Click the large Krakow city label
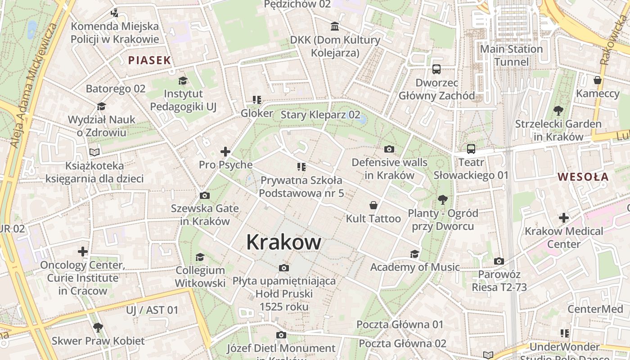coord(283,242)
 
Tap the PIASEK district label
coord(149,60)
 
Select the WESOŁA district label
coord(583,177)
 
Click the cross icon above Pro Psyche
coord(225,152)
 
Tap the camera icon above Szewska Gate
coord(204,195)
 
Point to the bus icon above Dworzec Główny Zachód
coord(436,69)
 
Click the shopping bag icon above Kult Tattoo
coord(373,206)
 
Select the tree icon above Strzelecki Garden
coord(558,110)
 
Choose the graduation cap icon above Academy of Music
coord(414,254)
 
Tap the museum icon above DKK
coord(335,27)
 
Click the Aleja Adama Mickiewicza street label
coord(34,85)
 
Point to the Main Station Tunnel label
coord(511,55)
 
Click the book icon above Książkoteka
coord(94,152)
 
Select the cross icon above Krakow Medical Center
coord(564,218)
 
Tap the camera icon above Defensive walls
coord(389,149)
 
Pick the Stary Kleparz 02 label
coord(320,115)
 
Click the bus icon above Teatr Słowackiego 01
coord(471,149)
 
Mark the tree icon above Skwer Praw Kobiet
coord(98,327)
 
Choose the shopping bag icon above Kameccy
coord(598,81)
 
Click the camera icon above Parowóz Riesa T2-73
coord(499,261)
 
